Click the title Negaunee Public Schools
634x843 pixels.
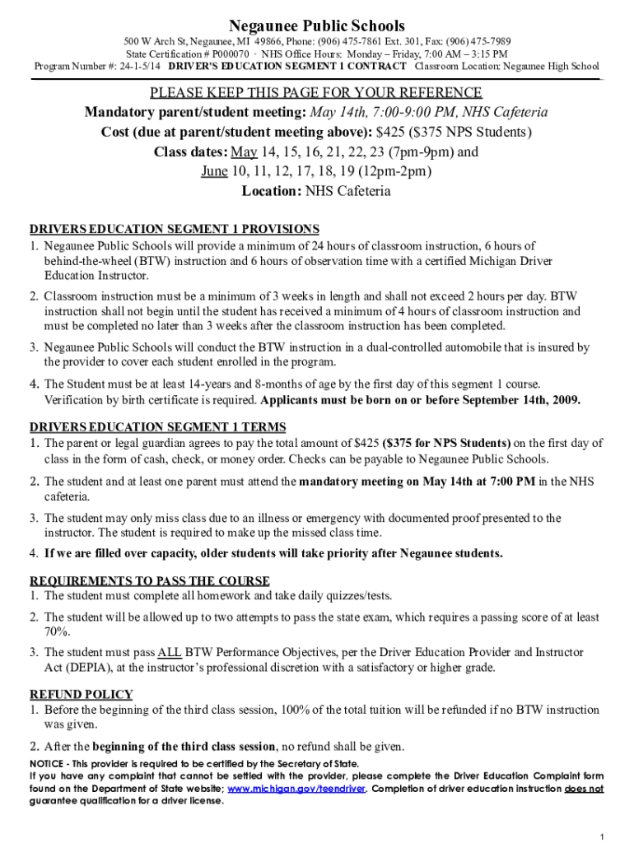pyautogui.click(x=317, y=26)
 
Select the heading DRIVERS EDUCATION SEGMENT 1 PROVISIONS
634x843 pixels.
pyautogui.click(x=175, y=229)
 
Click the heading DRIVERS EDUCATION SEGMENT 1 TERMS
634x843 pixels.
pyautogui.click(x=158, y=426)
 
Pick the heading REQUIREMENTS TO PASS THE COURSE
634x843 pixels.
pyautogui.click(x=150, y=581)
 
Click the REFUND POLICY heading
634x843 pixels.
pyautogui.click(x=82, y=694)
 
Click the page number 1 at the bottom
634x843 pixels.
pyautogui.click(x=603, y=836)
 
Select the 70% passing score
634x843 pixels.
pyautogui.click(x=57, y=631)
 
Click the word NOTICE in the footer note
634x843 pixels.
pyautogui.click(x=49, y=763)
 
